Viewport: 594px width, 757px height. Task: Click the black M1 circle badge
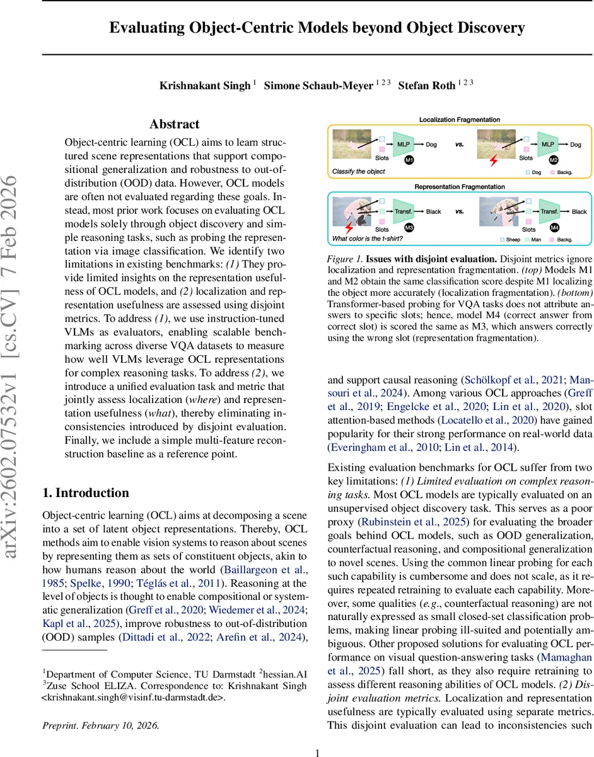point(409,161)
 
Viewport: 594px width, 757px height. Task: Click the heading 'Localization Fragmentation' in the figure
point(460,119)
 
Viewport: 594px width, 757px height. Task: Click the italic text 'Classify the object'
point(358,171)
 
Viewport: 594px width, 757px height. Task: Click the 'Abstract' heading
point(174,124)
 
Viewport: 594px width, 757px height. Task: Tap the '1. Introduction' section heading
point(85,493)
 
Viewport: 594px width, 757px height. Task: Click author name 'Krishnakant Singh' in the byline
point(205,86)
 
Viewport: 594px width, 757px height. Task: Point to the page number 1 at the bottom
point(318,735)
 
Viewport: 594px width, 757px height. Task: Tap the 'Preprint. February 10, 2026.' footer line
point(100,725)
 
